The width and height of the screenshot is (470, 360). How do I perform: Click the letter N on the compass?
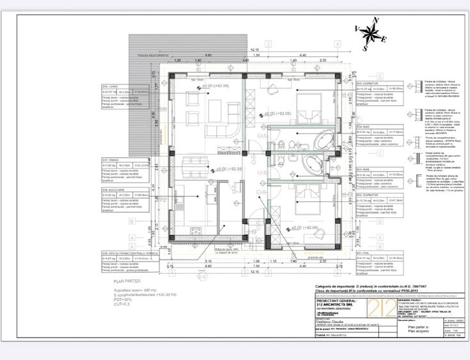tap(376, 20)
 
